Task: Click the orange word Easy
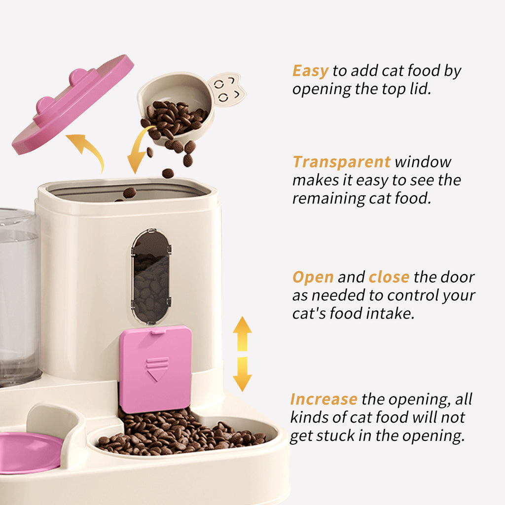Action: (x=310, y=71)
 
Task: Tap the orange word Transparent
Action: (x=341, y=162)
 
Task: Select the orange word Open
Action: (x=313, y=277)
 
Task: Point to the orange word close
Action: (x=389, y=277)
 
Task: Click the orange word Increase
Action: (x=324, y=399)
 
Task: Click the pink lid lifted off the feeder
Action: (x=73, y=105)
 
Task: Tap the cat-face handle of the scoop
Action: (x=227, y=89)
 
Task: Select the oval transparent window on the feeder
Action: (x=151, y=276)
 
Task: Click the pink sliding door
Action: (x=155, y=368)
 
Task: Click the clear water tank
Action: (x=18, y=296)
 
